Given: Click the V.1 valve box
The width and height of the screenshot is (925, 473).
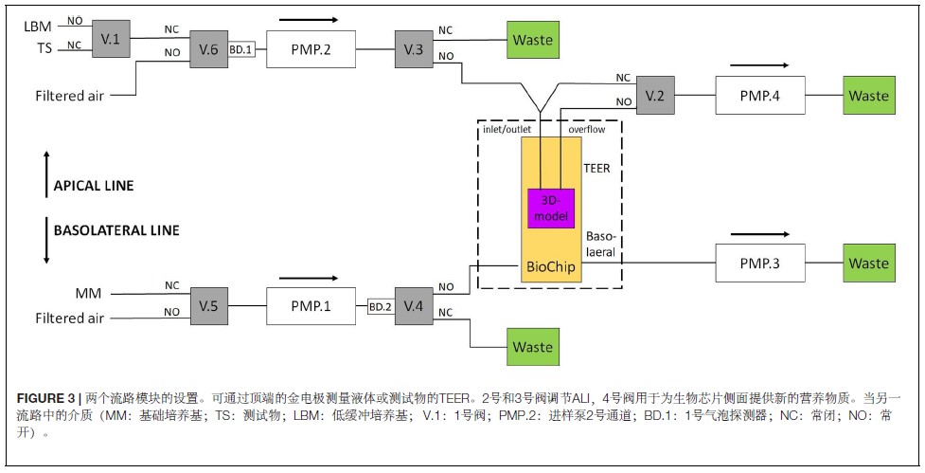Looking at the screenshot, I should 111,39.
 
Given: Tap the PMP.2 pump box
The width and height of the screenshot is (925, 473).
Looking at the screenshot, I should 313,49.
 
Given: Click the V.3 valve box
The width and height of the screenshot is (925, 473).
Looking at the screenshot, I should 414,49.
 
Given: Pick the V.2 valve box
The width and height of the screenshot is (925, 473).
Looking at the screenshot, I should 654,96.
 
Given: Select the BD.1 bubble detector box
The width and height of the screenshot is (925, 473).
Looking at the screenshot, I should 241,49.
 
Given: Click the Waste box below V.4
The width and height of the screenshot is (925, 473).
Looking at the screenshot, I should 532,347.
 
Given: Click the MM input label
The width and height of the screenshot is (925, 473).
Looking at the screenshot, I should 88,293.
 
